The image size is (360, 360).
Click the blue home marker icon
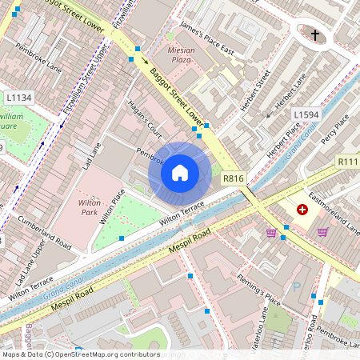pyautogui.click(x=180, y=172)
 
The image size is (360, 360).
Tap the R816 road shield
pyautogui.click(x=233, y=179)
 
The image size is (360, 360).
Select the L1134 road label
pyautogui.click(x=18, y=98)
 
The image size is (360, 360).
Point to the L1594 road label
pyautogui.click(x=306, y=115)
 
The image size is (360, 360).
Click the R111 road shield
pyautogui.click(x=349, y=162)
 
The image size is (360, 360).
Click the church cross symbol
pyautogui.click(x=315, y=35)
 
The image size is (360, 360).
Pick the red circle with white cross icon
pyautogui.click(x=302, y=210)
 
